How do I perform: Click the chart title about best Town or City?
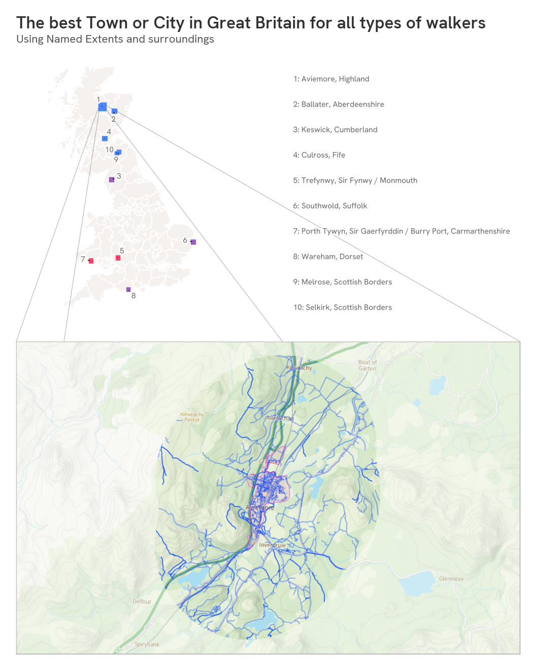pyautogui.click(x=251, y=23)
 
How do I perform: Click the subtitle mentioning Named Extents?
pyautogui.click(x=115, y=39)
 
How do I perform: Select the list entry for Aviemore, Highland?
pyautogui.click(x=331, y=79)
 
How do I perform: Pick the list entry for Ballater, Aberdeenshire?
pyautogui.click(x=339, y=104)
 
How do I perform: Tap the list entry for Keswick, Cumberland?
pyautogui.click(x=335, y=129)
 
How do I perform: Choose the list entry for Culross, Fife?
pyautogui.click(x=319, y=155)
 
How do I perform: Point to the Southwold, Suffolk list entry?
pyautogui.click(x=330, y=206)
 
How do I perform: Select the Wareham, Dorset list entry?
pyautogui.click(x=328, y=256)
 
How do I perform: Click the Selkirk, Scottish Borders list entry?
pyautogui.click(x=343, y=307)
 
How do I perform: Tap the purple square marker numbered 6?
pyautogui.click(x=193, y=242)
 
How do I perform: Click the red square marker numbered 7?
pyautogui.click(x=91, y=261)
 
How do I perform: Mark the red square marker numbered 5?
pyautogui.click(x=118, y=258)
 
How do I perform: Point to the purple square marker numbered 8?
pyautogui.click(x=128, y=289)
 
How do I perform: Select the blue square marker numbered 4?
pyautogui.click(x=105, y=139)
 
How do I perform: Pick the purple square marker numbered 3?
pyautogui.click(x=112, y=180)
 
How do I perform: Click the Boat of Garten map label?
pyautogui.click(x=367, y=365)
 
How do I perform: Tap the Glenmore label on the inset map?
pyautogui.click(x=451, y=579)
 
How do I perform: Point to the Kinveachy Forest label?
pyautogui.click(x=192, y=417)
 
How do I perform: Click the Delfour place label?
pyautogui.click(x=142, y=601)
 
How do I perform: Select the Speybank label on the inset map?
pyautogui.click(x=147, y=644)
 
